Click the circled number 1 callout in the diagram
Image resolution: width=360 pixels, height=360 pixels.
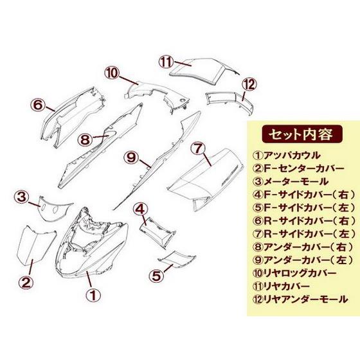(x=93, y=295)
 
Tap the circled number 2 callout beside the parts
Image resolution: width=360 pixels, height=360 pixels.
(x=26, y=282)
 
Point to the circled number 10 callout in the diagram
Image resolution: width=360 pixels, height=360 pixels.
(x=113, y=73)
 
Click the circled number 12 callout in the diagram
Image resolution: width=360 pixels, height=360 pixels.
(x=249, y=84)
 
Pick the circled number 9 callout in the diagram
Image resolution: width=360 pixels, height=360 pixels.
(x=131, y=157)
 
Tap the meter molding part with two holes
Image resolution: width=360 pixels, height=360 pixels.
(x=56, y=208)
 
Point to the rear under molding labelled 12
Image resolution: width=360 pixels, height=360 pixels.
(x=230, y=102)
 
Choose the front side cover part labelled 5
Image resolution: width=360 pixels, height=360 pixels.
(x=177, y=259)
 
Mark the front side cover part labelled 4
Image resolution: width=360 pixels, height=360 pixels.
(x=158, y=232)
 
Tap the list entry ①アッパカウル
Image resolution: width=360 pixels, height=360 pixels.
(x=286, y=156)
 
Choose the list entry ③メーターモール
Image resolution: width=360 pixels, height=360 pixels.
(x=290, y=181)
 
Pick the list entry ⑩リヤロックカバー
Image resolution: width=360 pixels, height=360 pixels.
(x=294, y=273)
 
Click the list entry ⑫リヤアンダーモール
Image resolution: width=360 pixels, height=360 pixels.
(x=300, y=299)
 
